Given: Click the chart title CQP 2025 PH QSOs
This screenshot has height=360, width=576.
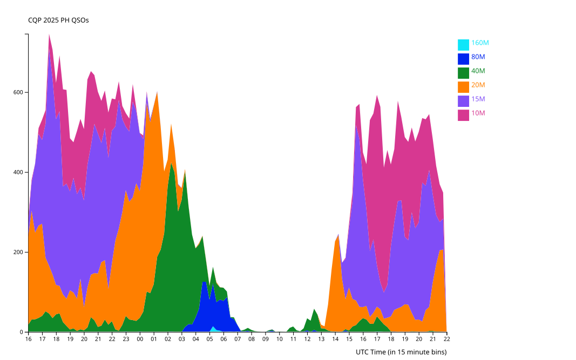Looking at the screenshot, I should click(58, 21).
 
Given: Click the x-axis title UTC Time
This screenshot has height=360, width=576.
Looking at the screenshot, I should click(401, 352).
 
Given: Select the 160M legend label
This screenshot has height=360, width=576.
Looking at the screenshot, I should click(480, 43).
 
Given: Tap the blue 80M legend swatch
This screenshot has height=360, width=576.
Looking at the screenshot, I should click(463, 58).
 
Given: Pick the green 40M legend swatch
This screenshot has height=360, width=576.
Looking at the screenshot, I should click(463, 72).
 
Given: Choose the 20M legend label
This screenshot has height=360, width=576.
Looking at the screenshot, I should click(478, 85).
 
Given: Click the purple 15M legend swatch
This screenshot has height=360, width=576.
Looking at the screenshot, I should click(463, 100).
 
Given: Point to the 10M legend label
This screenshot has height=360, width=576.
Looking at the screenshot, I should click(478, 113).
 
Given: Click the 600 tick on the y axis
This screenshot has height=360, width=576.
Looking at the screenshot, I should click(18, 92).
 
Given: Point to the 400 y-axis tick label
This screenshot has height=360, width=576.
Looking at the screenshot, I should click(18, 172).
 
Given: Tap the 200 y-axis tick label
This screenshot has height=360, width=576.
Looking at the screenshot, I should click(18, 252).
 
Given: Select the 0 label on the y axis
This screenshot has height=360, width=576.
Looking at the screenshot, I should click(23, 332).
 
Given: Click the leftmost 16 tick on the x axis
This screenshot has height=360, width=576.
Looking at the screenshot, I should click(28, 339).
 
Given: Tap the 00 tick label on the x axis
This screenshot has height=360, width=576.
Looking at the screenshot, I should click(140, 339).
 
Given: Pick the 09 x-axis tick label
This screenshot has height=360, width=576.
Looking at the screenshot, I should click(266, 339).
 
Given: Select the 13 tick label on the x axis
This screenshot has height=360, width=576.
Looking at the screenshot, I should click(321, 339).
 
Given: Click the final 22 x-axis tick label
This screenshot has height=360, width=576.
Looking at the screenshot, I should click(447, 339).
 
